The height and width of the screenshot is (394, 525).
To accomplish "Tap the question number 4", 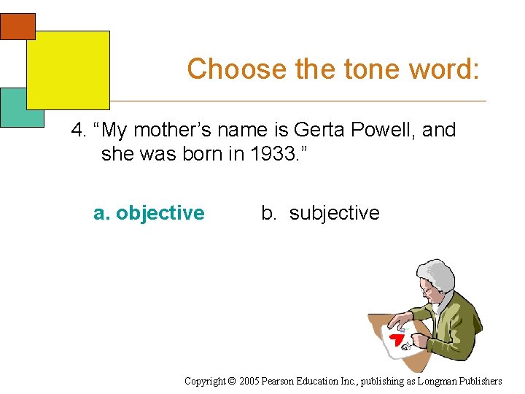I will click(x=77, y=131).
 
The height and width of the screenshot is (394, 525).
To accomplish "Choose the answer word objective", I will click(x=160, y=213).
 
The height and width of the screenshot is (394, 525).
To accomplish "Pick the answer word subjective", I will click(x=334, y=213).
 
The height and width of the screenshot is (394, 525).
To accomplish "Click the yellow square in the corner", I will click(x=68, y=69).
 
